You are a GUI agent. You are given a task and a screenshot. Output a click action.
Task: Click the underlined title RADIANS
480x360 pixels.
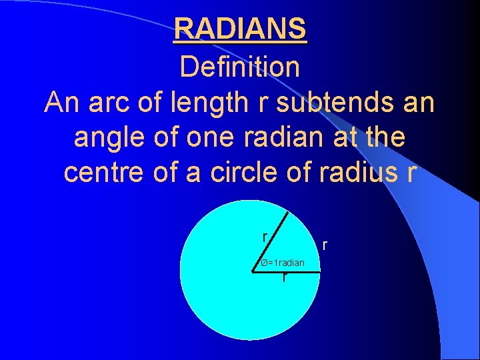[x=240, y=29]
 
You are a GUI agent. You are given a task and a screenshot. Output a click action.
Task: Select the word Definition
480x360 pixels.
[x=240, y=67]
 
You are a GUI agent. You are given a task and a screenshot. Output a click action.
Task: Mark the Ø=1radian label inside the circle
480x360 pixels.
[x=283, y=263]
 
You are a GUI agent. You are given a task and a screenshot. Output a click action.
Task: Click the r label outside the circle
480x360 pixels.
[x=325, y=245]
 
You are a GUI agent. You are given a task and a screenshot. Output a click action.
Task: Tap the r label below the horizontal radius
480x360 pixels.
[x=285, y=277]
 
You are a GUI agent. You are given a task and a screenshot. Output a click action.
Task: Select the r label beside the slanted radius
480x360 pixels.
[x=265, y=237]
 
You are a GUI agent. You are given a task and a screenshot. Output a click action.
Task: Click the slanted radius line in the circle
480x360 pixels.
[x=272, y=241]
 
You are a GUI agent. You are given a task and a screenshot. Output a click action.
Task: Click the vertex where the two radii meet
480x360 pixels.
[x=255, y=271]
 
